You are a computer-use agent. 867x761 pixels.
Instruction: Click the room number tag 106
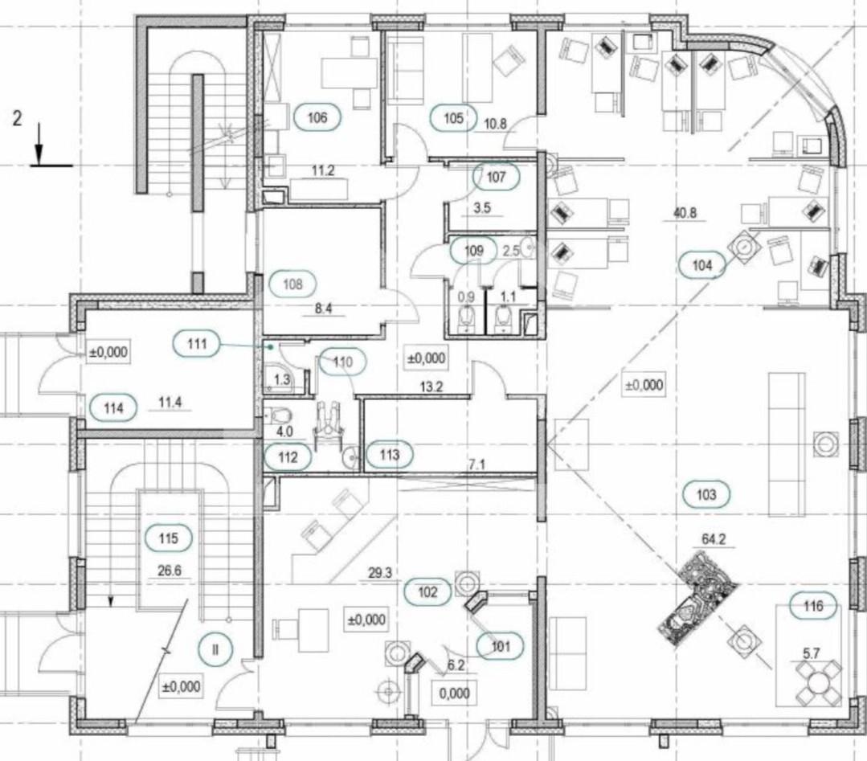point(317,117)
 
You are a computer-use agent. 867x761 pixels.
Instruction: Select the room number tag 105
point(453,118)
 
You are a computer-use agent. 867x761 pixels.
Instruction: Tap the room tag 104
point(702,265)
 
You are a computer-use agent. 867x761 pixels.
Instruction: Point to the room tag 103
point(706,494)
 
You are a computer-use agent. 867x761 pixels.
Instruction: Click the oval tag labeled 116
point(813,606)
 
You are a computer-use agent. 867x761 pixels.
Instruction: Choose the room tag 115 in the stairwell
point(168,538)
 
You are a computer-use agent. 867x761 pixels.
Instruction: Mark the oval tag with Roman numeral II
point(215,648)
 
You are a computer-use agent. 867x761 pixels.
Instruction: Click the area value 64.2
point(714,539)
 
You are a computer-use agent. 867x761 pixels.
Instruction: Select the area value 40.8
point(685,212)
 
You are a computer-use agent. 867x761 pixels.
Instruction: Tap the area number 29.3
point(380,573)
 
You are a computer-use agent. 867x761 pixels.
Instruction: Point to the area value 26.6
point(170,571)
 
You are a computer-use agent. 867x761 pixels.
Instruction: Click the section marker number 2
point(17,118)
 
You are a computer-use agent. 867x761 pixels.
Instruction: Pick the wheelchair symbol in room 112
point(329,424)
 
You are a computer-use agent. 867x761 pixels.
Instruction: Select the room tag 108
point(292,284)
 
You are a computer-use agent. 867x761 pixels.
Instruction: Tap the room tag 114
point(113,409)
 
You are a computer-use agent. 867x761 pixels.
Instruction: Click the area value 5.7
point(811,653)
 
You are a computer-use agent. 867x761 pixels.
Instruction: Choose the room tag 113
point(389,455)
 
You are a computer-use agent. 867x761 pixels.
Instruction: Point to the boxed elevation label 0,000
point(455,693)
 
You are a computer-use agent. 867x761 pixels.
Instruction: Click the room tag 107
point(496,177)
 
